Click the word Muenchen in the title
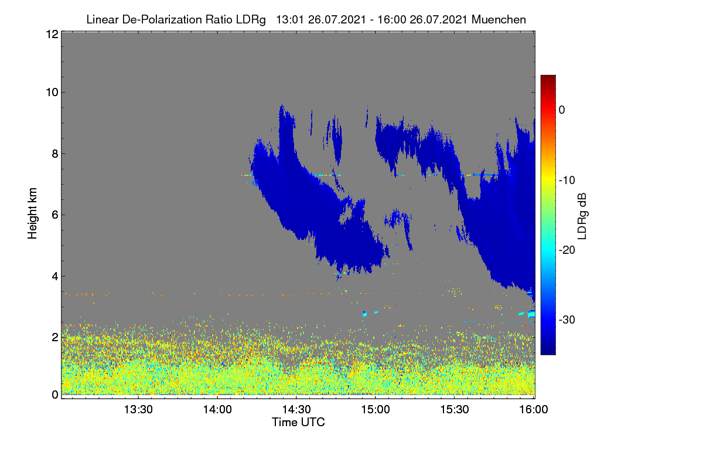click(499, 19)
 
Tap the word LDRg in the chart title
click(251, 20)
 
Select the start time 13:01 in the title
click(290, 19)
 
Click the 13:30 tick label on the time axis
click(138, 410)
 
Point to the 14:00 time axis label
click(217, 410)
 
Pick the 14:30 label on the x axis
click(296, 410)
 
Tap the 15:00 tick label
click(376, 410)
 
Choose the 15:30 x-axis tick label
click(455, 410)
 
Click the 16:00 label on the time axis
click(534, 410)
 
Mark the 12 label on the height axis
click(52, 34)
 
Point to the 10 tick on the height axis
click(52, 93)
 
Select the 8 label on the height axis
click(55, 154)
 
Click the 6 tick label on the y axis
click(55, 215)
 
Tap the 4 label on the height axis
click(55, 277)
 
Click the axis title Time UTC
click(298, 422)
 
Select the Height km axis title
click(32, 213)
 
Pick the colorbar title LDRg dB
click(582, 216)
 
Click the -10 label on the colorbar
click(567, 181)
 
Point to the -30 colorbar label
click(567, 320)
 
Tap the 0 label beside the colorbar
click(562, 110)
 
